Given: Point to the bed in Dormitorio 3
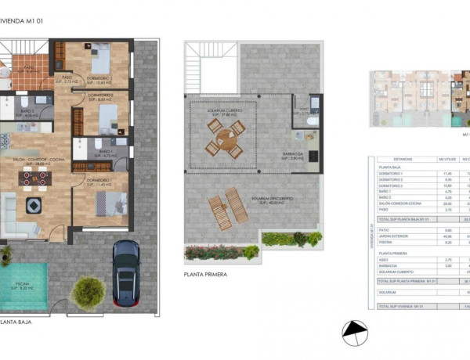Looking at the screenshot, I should point(101,57).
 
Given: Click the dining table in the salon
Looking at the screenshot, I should point(35,178).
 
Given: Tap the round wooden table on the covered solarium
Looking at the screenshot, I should point(223,141).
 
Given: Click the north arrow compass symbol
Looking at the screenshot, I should point(355,333).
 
